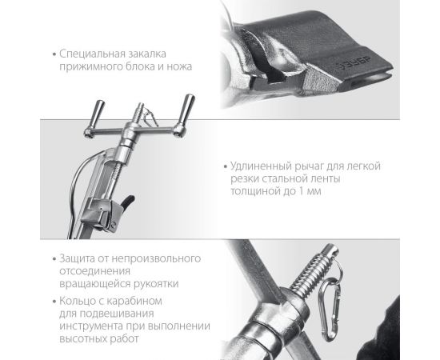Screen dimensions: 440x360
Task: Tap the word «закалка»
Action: tap(148, 54)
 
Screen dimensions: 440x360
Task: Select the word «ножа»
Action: tap(179, 66)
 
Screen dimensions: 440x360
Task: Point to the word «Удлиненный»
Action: tap(261, 166)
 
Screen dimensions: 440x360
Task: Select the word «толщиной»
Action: tap(255, 192)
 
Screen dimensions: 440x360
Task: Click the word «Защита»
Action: tap(77, 258)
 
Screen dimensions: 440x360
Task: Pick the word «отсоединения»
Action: tap(95, 271)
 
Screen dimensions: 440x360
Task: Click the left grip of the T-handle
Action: tap(97, 114)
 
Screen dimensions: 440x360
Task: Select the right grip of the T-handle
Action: tap(186, 112)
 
